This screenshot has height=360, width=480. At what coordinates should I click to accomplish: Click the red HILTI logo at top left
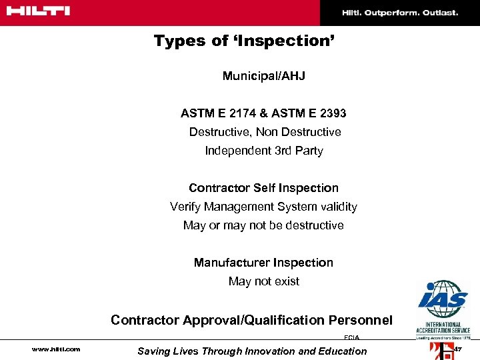pyautogui.click(x=37, y=11)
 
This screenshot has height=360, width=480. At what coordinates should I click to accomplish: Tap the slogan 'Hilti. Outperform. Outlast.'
pyautogui.click(x=400, y=13)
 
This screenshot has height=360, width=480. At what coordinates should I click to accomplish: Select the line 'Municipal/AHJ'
pyautogui.click(x=263, y=76)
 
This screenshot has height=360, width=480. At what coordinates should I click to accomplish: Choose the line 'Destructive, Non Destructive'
pyautogui.click(x=265, y=132)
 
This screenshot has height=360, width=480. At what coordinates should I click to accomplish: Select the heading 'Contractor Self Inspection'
pyautogui.click(x=263, y=188)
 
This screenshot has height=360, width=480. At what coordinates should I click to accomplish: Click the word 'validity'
pyautogui.click(x=335, y=207)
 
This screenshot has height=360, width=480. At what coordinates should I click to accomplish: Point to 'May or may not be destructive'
pyautogui.click(x=263, y=225)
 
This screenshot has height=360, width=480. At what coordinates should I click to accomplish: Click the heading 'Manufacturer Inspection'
pyautogui.click(x=263, y=263)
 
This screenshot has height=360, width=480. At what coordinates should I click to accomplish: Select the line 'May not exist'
pyautogui.click(x=263, y=281)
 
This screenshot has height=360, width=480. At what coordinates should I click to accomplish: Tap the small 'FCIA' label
pyautogui.click(x=351, y=338)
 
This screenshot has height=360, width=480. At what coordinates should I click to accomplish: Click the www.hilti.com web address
pyautogui.click(x=56, y=349)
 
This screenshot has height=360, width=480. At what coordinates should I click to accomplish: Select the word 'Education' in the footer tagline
pyautogui.click(x=341, y=351)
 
